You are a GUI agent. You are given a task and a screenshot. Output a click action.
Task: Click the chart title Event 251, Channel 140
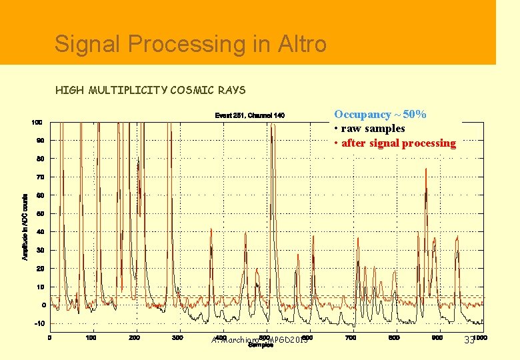(x=249, y=116)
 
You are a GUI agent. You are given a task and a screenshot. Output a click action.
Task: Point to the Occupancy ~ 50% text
(x=380, y=115)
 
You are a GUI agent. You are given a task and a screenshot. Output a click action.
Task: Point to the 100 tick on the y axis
(x=37, y=123)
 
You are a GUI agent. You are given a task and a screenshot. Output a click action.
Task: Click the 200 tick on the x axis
(x=135, y=337)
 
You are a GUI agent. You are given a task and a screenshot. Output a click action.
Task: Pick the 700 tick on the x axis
(x=351, y=337)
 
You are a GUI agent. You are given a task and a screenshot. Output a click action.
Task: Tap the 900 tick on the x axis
(x=437, y=337)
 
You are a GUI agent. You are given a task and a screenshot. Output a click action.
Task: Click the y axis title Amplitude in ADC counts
(x=25, y=227)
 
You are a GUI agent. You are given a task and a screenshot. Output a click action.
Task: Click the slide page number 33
(x=469, y=341)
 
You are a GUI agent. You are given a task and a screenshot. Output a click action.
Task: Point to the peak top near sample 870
(x=425, y=169)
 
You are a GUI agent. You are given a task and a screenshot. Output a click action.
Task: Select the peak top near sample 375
(x=211, y=229)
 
